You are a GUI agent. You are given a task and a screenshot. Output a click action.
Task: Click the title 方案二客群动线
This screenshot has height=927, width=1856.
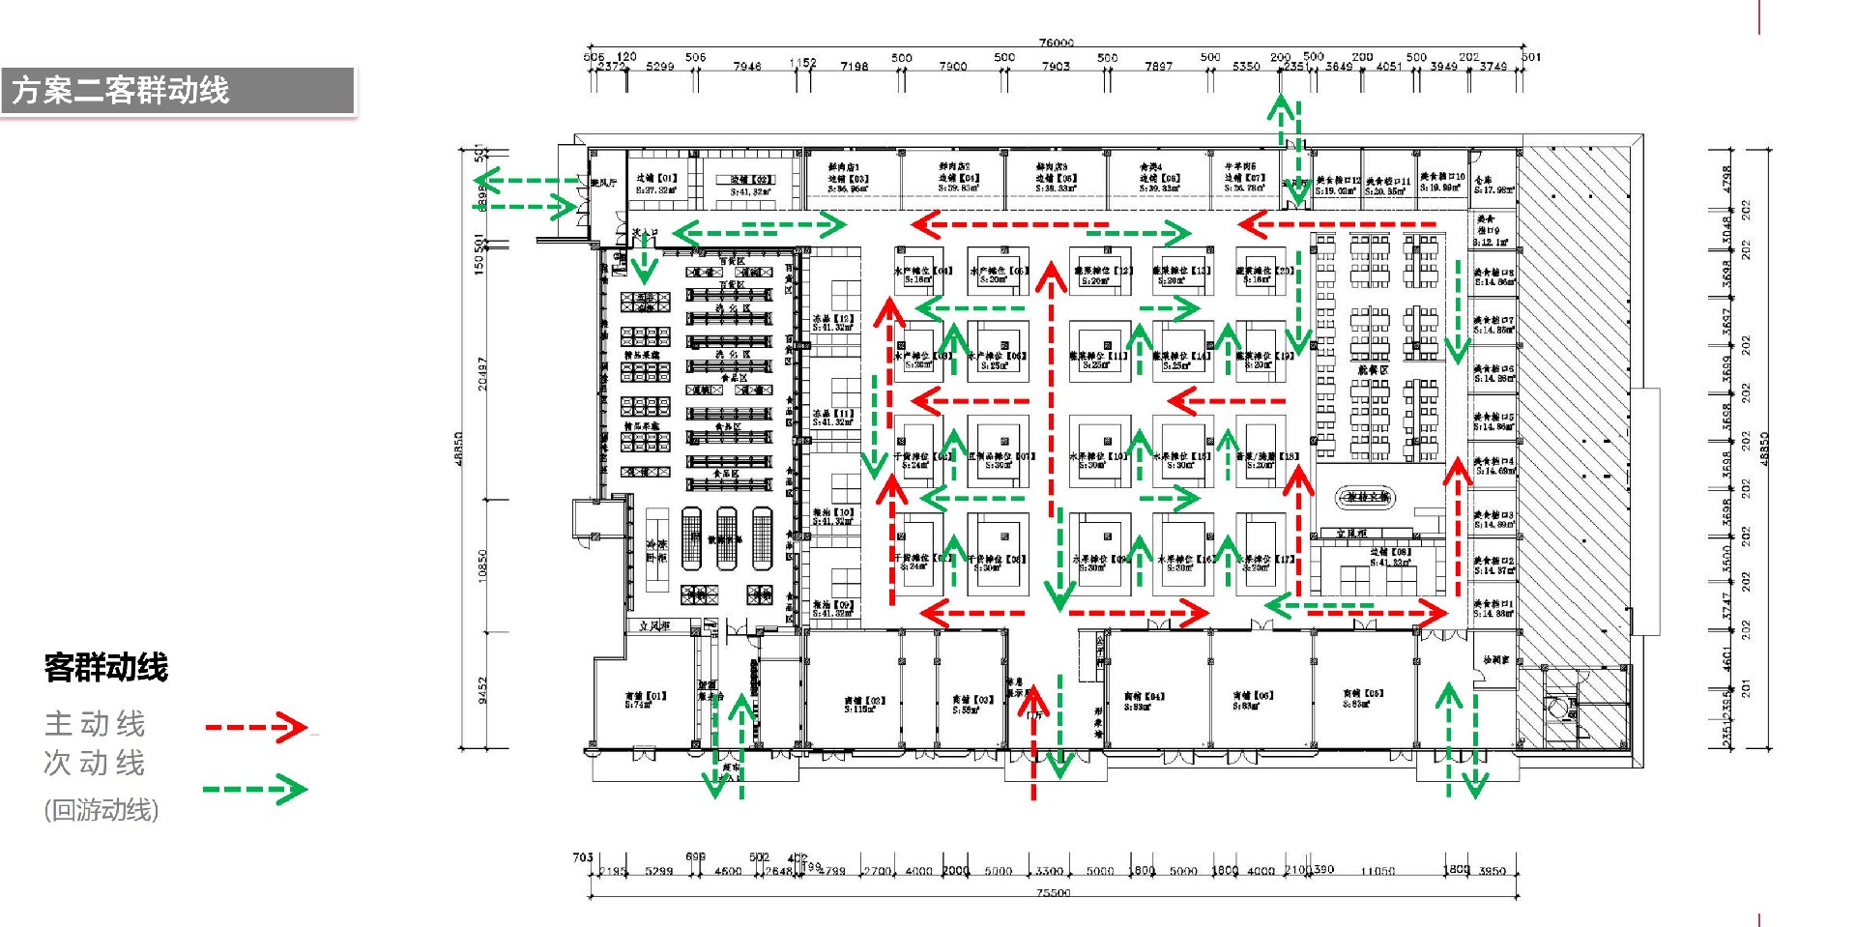[120, 90]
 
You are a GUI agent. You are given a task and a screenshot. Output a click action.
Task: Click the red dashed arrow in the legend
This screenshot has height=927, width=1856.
[256, 726]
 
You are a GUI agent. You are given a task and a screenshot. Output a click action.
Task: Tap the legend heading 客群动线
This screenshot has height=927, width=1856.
[106, 667]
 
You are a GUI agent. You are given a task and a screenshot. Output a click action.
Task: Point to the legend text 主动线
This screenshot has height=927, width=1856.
[95, 723]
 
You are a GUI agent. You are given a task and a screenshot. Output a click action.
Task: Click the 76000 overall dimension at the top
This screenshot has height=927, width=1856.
[1056, 43]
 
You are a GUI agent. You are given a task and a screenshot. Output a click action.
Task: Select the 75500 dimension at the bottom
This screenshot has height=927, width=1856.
[1053, 893]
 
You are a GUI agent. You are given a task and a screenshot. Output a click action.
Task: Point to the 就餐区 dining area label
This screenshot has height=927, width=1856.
[1372, 370]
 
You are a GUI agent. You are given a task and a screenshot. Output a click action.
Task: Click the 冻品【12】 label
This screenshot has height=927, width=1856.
[832, 323]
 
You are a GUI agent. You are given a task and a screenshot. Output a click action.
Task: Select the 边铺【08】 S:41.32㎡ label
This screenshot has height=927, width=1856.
[1390, 557]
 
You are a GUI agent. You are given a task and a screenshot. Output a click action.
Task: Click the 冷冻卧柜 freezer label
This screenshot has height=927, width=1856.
[656, 551]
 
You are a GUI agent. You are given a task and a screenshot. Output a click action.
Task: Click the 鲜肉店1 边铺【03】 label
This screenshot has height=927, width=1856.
[847, 178]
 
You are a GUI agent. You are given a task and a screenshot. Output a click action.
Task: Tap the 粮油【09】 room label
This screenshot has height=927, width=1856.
[832, 608]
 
